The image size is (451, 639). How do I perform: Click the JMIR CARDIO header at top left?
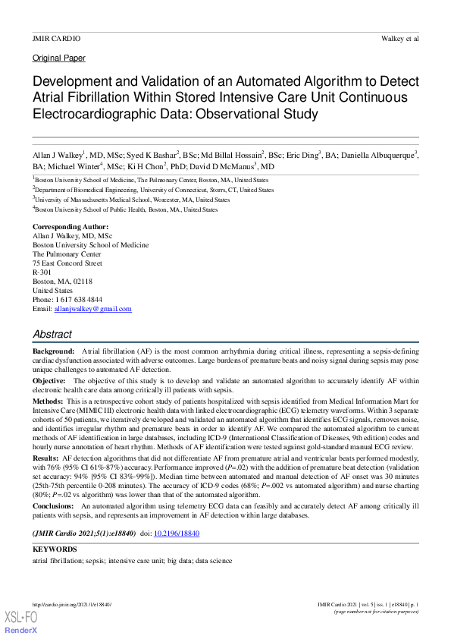point(56,38)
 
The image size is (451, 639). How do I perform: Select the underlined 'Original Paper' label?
point(59,58)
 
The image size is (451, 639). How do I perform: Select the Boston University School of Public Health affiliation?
point(125,209)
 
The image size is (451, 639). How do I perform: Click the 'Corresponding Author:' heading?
point(70,227)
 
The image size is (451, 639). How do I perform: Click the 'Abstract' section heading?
point(52,334)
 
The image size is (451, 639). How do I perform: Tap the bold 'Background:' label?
point(53,354)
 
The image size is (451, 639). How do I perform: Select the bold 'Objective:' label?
point(49,380)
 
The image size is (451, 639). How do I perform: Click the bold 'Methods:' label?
point(48,400)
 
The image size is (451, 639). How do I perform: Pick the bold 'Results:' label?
point(45,459)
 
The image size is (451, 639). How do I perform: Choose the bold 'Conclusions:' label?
point(54,505)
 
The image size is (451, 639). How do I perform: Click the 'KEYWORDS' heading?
point(55,548)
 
